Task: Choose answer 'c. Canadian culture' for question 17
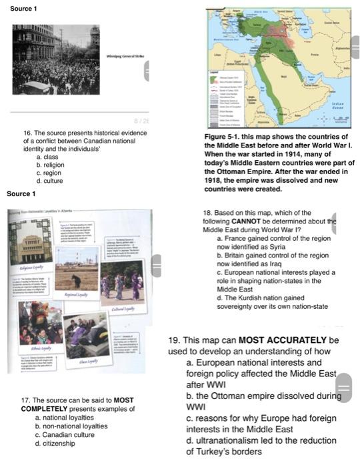tap(65, 434)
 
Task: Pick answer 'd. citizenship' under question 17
tap(55, 442)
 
